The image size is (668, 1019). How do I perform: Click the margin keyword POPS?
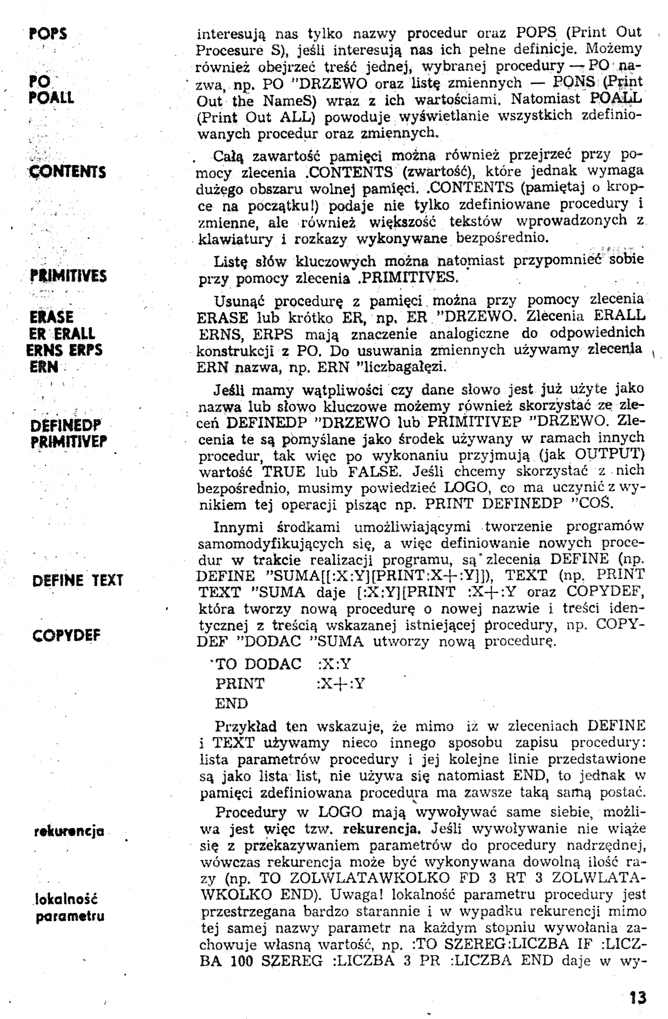point(48,34)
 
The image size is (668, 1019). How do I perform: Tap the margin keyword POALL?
point(51,98)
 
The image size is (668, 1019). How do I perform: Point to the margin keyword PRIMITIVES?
point(68,276)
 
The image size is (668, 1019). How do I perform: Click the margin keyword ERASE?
point(51,317)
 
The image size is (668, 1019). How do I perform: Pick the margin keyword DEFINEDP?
point(66,426)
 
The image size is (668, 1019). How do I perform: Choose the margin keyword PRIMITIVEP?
point(68,441)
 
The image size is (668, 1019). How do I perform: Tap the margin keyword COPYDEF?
point(66,635)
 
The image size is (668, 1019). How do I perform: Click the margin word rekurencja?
point(69,831)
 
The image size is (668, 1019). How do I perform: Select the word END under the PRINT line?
point(232,703)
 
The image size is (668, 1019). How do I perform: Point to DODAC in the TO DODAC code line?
point(273,664)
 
